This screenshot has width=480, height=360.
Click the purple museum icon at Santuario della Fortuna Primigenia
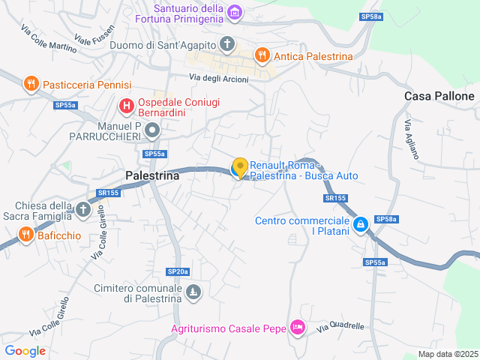click(235, 12)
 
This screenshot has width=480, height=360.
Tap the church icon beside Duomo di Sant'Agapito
click(226, 44)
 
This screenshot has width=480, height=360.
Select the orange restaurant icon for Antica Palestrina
click(262, 55)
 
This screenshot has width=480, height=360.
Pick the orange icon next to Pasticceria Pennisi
click(31, 84)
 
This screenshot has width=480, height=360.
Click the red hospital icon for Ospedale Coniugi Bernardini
click(126, 106)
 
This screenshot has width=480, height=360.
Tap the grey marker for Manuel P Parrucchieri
click(152, 131)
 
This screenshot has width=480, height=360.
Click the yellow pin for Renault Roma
click(240, 167)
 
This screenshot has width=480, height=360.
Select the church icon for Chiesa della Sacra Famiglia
click(82, 211)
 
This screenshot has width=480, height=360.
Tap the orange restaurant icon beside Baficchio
click(25, 235)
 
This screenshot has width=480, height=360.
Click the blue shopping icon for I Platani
click(361, 224)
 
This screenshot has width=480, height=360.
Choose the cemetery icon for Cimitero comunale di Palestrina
click(193, 291)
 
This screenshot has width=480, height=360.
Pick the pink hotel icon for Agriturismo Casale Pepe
click(298, 328)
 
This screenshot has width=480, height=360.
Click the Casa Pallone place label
click(439, 96)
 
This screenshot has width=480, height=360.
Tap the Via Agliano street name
click(412, 140)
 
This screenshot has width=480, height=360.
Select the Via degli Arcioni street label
click(217, 78)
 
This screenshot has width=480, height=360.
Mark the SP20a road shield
click(178, 271)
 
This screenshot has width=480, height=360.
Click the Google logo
click(25, 350)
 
